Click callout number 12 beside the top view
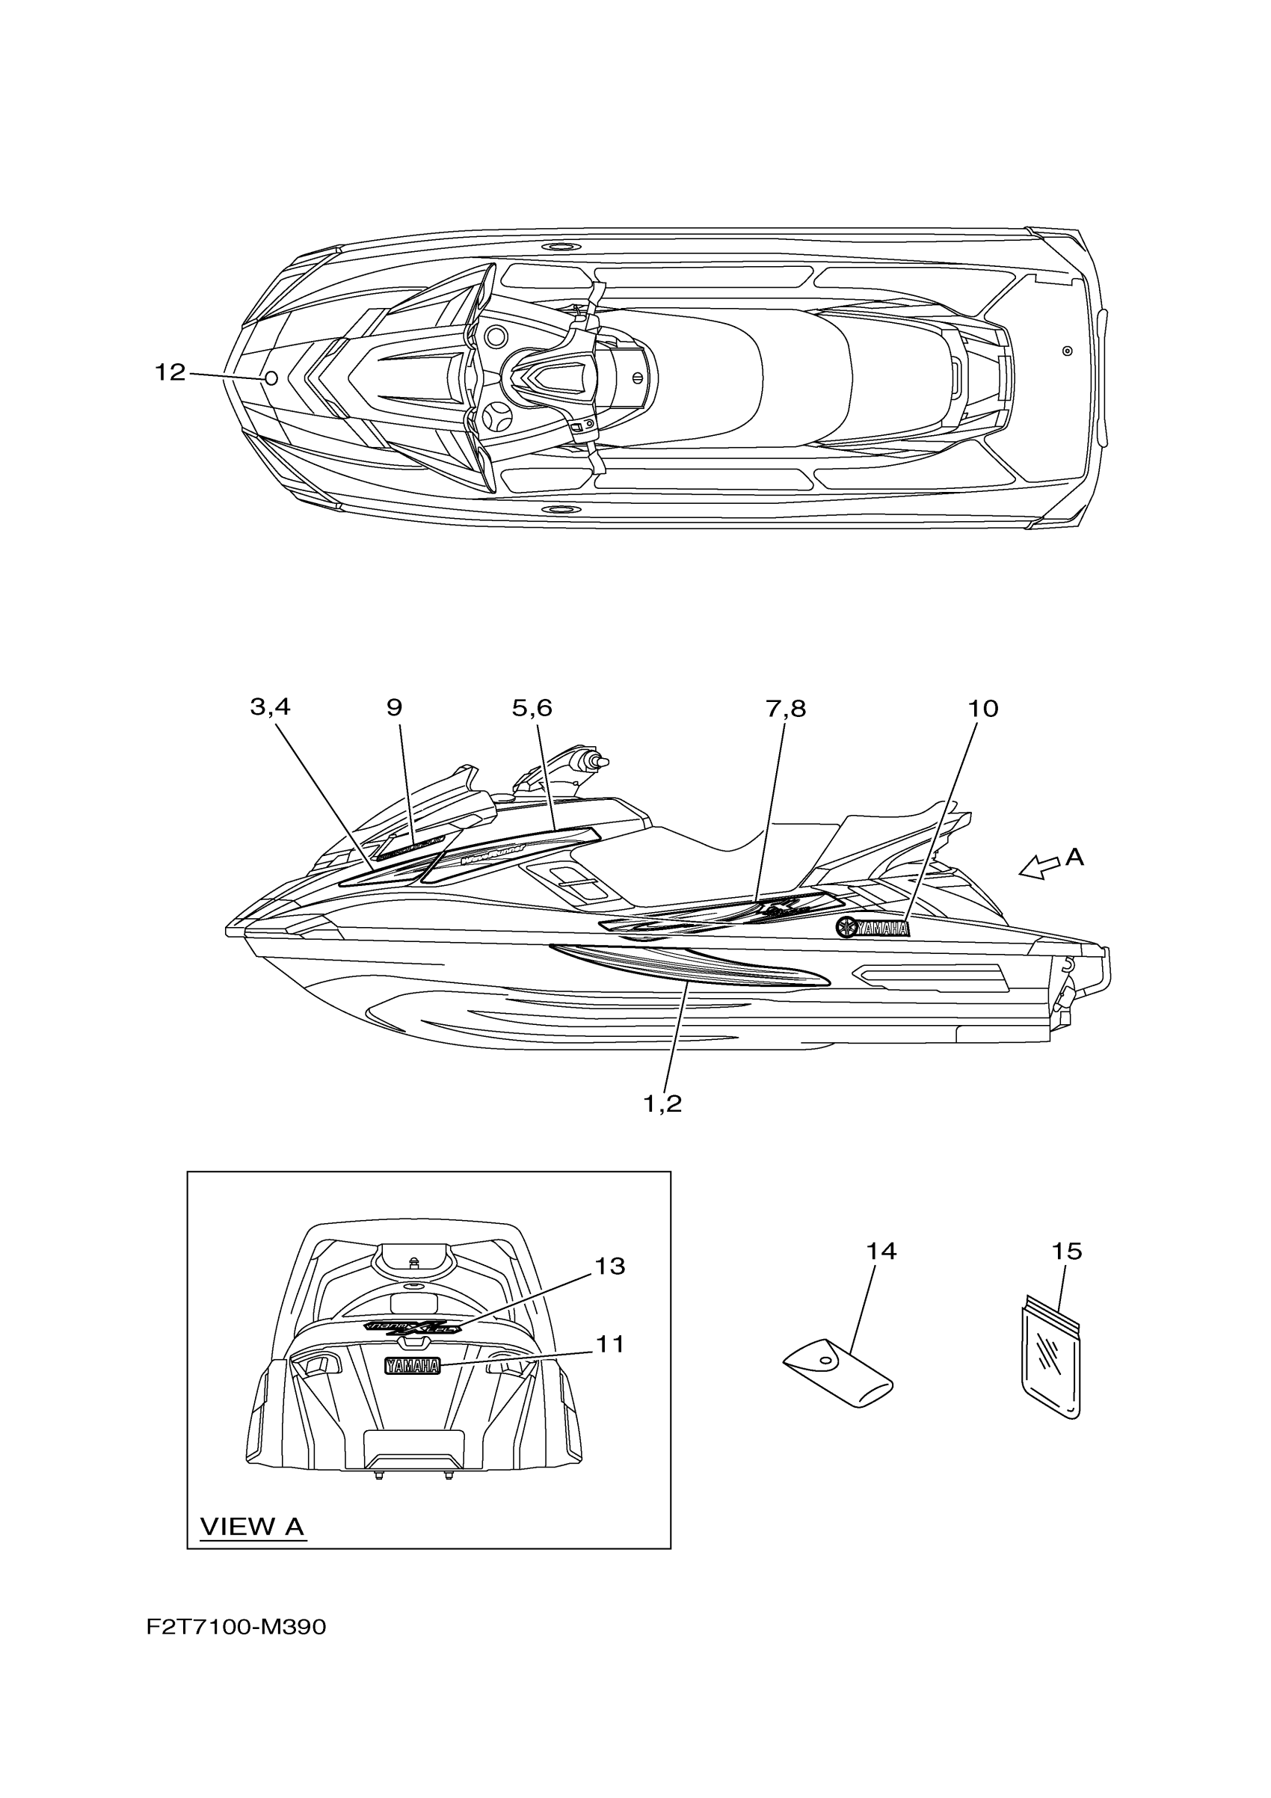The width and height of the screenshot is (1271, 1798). (170, 373)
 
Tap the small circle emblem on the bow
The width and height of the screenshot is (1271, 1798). (271, 379)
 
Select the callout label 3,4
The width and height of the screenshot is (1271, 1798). (270, 707)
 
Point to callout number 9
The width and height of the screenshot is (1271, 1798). (394, 708)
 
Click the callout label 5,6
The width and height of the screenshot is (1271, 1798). (532, 708)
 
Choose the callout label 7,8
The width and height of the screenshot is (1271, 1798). (786, 709)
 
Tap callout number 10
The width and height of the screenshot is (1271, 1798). (983, 709)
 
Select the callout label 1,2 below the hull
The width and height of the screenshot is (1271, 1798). (662, 1104)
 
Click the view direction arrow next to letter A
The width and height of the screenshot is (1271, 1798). (1038, 867)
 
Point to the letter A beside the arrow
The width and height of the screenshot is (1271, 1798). (1074, 858)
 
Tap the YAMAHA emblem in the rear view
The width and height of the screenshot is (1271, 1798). (412, 1367)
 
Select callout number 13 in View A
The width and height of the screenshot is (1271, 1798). (610, 1266)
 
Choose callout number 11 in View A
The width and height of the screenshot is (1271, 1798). (610, 1345)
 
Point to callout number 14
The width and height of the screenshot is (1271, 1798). (881, 1251)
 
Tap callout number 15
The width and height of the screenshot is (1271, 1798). (1067, 1251)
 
